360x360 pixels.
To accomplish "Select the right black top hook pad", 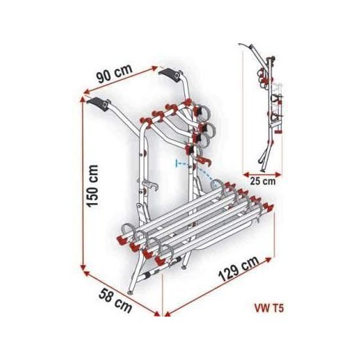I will pos(171,75).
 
